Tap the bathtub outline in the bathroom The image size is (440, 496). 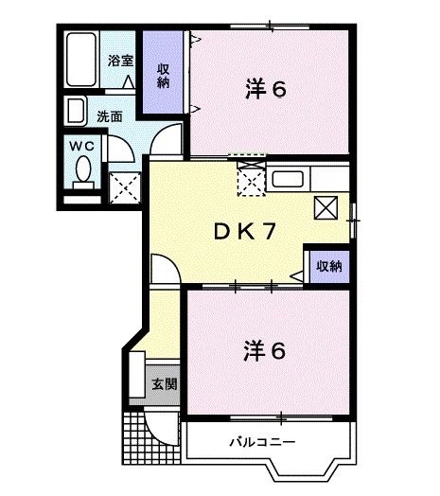[x=83, y=62]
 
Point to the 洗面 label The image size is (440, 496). [x=109, y=117]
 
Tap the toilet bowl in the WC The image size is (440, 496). [x=82, y=172]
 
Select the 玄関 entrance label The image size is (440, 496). [x=163, y=384]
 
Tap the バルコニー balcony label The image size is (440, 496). [x=262, y=441]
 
